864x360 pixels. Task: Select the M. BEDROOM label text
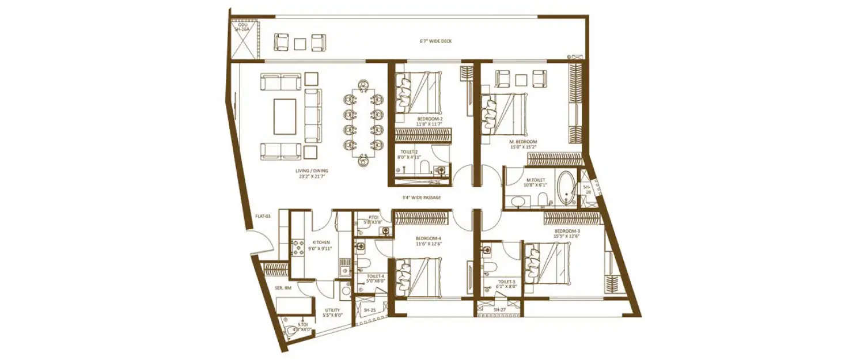[522, 142]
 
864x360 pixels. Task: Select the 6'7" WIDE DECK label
[436, 41]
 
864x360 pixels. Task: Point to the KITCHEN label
[321, 242]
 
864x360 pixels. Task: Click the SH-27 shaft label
[499, 310]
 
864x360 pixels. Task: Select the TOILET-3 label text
[507, 282]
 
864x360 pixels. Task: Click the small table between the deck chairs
[300, 43]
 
